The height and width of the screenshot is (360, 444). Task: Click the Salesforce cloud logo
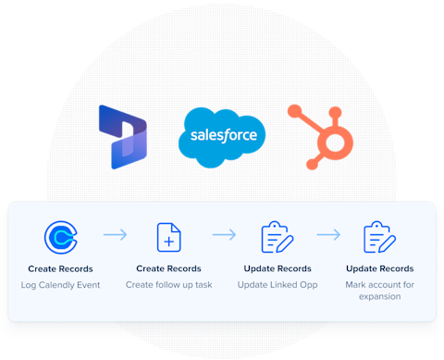(x=222, y=137)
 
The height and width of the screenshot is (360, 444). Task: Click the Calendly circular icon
(x=61, y=238)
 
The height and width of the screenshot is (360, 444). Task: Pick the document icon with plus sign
(x=168, y=238)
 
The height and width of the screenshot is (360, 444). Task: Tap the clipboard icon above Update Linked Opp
(x=276, y=238)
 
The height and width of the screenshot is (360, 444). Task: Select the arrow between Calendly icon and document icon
(x=115, y=236)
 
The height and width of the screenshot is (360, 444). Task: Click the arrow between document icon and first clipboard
(x=224, y=236)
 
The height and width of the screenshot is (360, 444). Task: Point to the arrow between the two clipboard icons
(x=328, y=236)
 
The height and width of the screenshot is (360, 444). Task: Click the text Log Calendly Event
(x=61, y=284)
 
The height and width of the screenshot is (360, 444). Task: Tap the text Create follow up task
(x=168, y=284)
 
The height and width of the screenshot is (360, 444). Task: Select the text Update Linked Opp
(x=277, y=284)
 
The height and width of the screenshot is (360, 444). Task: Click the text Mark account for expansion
(x=379, y=290)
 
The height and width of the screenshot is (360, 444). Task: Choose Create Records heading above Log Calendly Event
(x=61, y=268)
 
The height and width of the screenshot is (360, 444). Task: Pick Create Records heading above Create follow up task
(x=168, y=268)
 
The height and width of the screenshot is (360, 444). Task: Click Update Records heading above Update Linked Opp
(x=277, y=268)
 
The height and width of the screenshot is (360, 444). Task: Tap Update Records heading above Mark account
(x=379, y=268)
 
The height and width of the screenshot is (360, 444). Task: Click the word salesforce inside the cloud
(x=223, y=136)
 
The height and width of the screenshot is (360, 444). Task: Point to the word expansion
(x=379, y=296)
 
